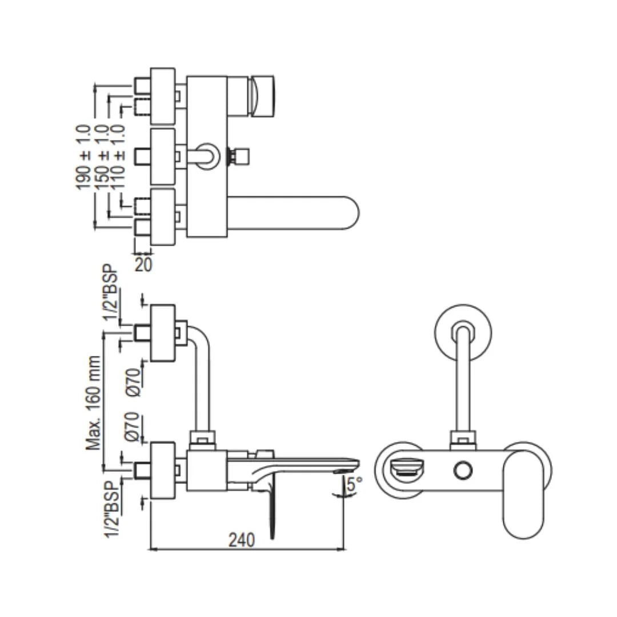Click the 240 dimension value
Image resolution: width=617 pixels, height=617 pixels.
[242, 539]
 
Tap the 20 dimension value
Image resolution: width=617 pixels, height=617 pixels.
[144, 265]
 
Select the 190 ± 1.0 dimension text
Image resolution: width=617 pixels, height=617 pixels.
[83, 157]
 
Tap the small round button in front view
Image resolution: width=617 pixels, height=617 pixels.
[463, 471]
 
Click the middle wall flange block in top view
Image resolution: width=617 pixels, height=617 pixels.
[162, 157]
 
